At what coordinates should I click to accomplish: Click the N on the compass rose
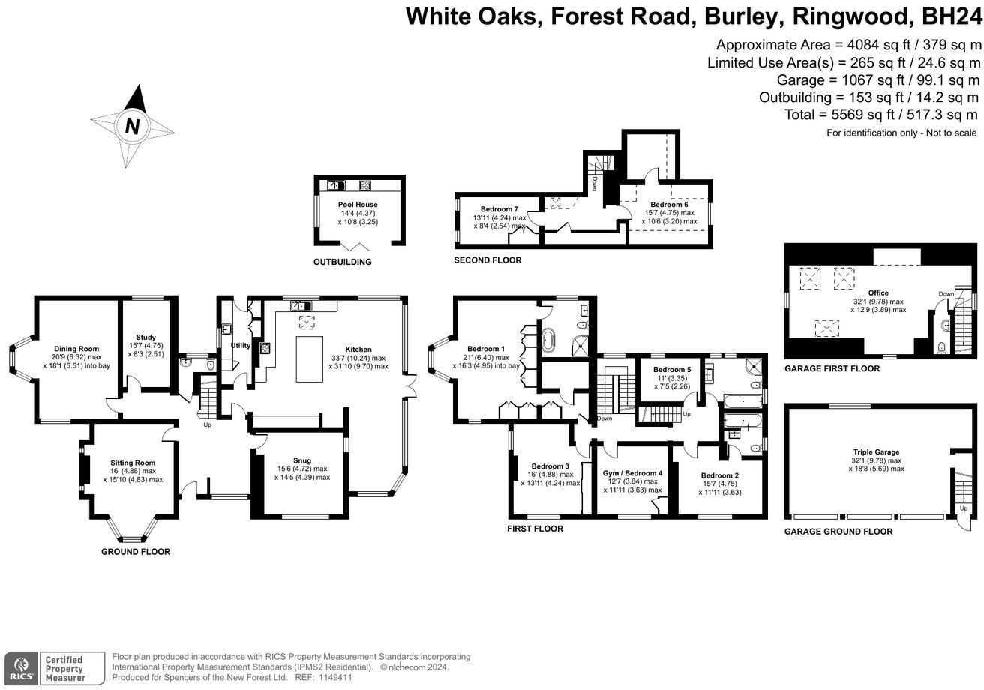coord(133,127)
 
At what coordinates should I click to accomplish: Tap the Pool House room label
coord(357,205)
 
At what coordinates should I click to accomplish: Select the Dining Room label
coord(75,349)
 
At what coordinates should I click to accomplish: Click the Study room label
coord(145,337)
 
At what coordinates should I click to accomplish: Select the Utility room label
coord(240,346)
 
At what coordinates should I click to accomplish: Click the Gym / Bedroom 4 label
coord(632,473)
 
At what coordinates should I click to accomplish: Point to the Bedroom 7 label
coord(499,208)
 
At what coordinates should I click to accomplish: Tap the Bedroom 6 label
coord(669,205)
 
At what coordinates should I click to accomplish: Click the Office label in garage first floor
coord(877,293)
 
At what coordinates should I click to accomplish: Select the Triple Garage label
coord(876,452)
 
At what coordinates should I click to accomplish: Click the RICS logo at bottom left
coord(20,665)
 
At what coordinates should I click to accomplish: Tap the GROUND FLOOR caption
coord(136,552)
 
